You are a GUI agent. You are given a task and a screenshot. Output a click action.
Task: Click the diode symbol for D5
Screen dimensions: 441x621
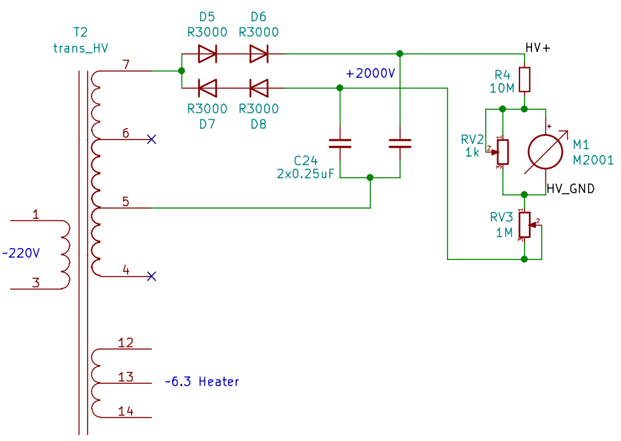pos(208,54)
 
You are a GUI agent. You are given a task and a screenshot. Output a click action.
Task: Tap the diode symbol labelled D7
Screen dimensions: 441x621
pos(208,87)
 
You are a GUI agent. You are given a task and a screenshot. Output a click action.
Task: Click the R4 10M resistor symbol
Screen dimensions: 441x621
pos(524,79)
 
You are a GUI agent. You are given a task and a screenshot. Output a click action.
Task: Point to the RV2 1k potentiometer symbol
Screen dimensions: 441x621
pos(502,150)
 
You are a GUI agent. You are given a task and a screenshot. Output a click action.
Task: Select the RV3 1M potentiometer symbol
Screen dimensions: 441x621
pos(524,223)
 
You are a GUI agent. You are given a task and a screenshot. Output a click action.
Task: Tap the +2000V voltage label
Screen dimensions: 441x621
pos(370,74)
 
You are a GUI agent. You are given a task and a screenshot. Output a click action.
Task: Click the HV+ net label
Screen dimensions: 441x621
pos(538,49)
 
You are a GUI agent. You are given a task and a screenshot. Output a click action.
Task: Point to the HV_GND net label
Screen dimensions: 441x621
pos(571,189)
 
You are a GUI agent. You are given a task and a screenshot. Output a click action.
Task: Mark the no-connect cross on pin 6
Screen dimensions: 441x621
pos(151,139)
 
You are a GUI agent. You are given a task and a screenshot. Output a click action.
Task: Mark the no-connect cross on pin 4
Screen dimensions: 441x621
pos(151,276)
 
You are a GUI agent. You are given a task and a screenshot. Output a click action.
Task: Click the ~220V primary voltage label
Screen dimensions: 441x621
pos(21,254)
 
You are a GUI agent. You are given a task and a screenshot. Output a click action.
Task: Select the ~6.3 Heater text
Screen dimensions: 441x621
pos(202,382)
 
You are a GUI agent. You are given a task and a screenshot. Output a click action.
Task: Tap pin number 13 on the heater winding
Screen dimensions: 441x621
pos(126,378)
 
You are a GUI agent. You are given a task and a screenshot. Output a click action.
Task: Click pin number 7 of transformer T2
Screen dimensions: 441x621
pos(126,65)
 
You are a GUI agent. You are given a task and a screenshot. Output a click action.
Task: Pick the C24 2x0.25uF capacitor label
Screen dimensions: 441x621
pos(305,166)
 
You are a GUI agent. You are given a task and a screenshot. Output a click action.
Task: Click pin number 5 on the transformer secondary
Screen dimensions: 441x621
pos(126,202)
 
